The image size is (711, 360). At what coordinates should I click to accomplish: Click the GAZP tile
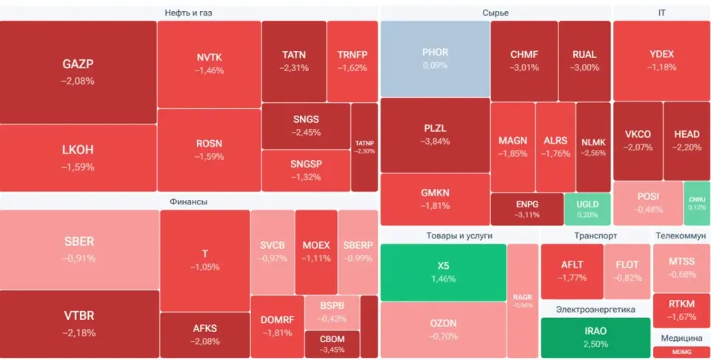[x=78, y=72]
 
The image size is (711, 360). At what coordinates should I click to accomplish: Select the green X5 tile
[x=443, y=273]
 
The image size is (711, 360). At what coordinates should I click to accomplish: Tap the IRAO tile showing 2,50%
[x=595, y=337]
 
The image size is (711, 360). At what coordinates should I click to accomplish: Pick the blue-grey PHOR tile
[x=435, y=59]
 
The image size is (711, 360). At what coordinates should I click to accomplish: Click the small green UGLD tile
[x=587, y=209]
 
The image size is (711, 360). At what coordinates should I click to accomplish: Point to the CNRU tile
[x=697, y=203]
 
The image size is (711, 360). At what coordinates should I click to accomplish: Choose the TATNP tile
[x=364, y=147]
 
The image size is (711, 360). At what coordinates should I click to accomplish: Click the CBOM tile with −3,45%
[x=332, y=344]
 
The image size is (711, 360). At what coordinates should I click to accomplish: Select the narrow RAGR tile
[x=523, y=301]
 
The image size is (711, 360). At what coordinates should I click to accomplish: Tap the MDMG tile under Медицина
[x=681, y=352]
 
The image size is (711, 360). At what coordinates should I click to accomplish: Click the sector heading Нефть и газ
[x=188, y=13]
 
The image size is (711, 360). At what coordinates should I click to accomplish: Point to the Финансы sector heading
[x=189, y=201]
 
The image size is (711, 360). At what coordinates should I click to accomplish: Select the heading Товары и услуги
[x=459, y=236]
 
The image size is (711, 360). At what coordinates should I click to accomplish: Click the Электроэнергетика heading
[x=595, y=310]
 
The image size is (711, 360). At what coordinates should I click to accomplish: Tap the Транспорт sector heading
[x=595, y=236]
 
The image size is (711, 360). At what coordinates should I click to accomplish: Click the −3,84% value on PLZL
[x=435, y=141]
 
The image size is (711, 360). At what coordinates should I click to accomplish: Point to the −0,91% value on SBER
[x=79, y=259]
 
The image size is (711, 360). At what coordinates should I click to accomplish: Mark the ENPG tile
[x=527, y=209]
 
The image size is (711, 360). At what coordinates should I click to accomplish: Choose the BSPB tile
[x=332, y=313]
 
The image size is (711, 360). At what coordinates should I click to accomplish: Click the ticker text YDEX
[x=661, y=54]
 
